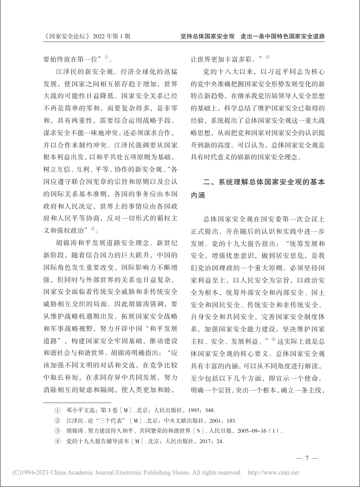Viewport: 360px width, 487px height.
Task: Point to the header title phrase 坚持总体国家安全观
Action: click(208, 36)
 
